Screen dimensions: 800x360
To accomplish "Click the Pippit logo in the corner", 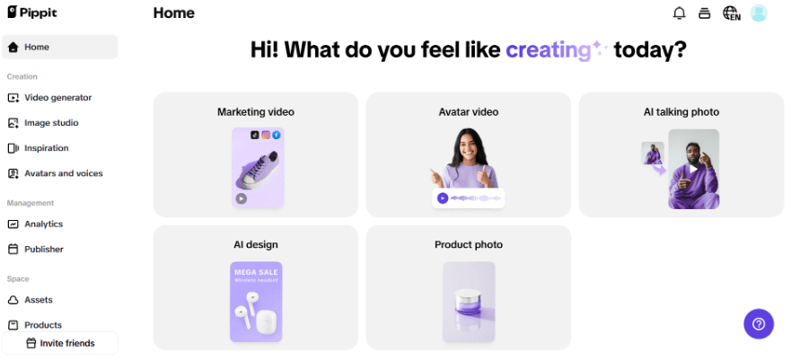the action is [x=32, y=13].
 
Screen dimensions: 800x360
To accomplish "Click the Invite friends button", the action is [x=60, y=343].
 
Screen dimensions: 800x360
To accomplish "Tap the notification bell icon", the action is [x=679, y=13].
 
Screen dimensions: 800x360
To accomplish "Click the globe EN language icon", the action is [x=732, y=13].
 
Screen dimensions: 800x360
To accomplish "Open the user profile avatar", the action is [x=759, y=13].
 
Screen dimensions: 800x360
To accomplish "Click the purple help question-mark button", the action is [x=759, y=324].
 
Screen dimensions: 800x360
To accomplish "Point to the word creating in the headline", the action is [x=548, y=50].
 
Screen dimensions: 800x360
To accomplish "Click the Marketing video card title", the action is [x=256, y=111].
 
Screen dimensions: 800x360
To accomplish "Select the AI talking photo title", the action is [x=681, y=111].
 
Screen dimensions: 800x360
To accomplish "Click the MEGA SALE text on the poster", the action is [x=256, y=272].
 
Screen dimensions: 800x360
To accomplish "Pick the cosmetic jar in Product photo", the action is [x=469, y=303].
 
